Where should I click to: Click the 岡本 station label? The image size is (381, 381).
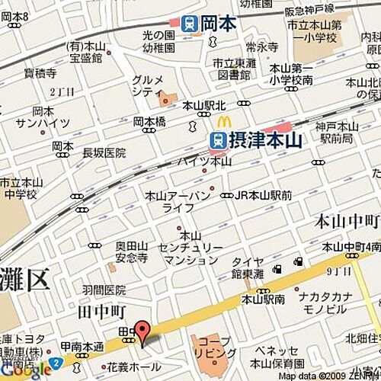pos(219,24)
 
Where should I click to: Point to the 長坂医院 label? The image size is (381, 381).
pos(104,153)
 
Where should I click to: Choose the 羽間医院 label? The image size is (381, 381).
pos(104,290)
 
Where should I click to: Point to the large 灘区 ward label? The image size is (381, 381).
pos(25,280)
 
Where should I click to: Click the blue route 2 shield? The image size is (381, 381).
pos(54,361)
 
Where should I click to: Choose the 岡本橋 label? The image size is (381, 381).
pos(149,121)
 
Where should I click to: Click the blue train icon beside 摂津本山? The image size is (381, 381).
pos(217,140)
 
